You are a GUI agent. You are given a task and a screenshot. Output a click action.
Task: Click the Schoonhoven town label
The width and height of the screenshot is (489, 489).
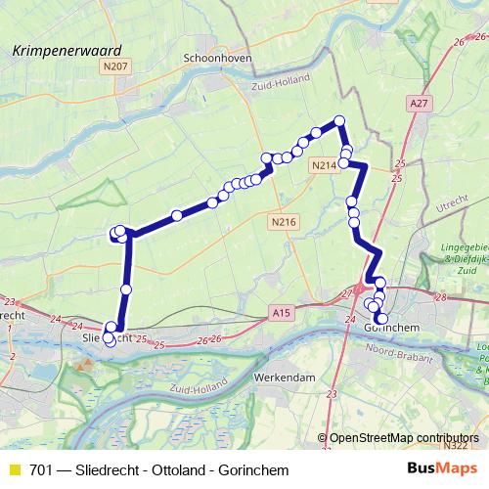pyautogui.click(x=217, y=58)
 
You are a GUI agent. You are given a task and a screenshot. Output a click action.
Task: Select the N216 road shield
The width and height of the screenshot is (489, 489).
pyautogui.click(x=283, y=223)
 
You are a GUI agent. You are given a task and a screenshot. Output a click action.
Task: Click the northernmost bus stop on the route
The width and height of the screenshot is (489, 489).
pyautogui.click(x=340, y=120)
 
